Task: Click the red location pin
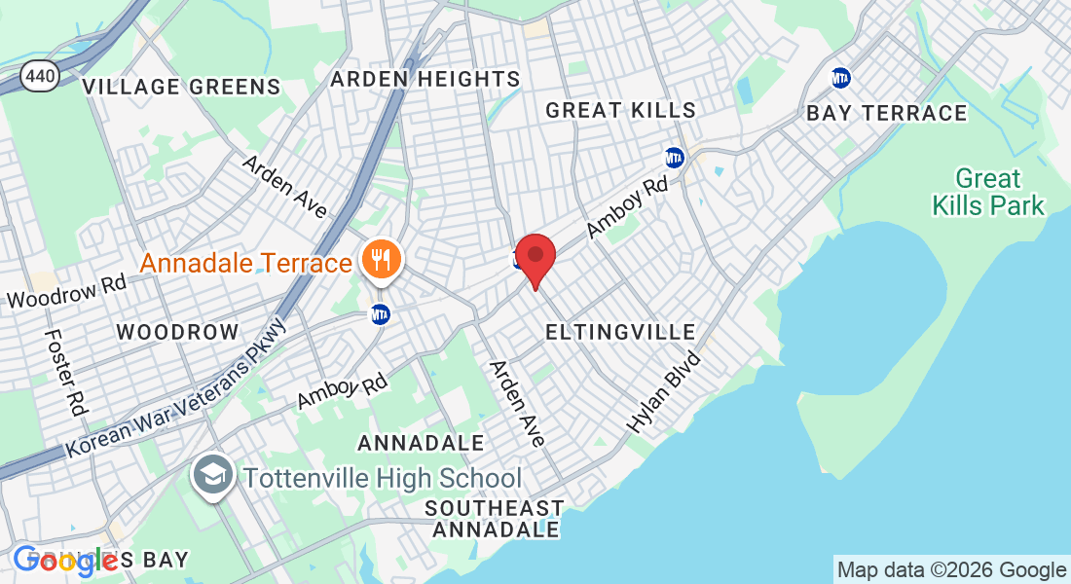tap(535, 256)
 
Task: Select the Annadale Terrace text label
tap(245, 263)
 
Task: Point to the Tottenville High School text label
tap(382, 479)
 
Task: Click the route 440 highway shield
tap(40, 76)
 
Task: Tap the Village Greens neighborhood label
tap(182, 87)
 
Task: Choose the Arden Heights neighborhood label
tap(425, 79)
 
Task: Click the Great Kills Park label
tap(988, 192)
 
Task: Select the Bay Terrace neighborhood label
tap(887, 113)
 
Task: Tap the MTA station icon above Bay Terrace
tap(840, 77)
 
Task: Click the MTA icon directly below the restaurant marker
tap(381, 314)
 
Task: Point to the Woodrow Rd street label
tap(66, 291)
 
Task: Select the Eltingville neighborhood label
tap(620, 332)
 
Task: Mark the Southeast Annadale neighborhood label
tap(495, 519)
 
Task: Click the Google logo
tap(66, 560)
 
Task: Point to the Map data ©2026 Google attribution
tap(951, 570)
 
